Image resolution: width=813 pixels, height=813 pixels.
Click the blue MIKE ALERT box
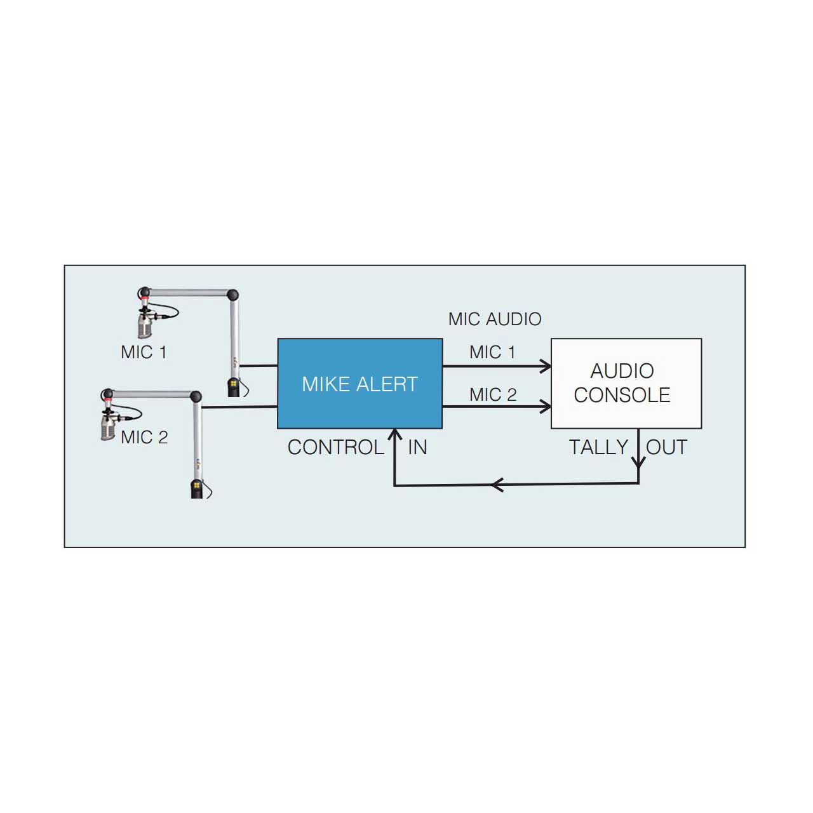tap(359, 383)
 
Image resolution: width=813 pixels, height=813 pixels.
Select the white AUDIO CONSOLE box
tap(626, 383)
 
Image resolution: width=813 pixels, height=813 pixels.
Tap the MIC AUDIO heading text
tap(494, 319)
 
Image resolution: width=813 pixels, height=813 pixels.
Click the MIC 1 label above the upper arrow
tap(492, 352)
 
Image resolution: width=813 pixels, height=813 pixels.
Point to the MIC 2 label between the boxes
tap(493, 394)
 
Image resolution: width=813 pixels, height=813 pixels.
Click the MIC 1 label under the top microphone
tap(144, 352)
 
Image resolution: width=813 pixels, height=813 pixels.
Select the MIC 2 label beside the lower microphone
tap(144, 437)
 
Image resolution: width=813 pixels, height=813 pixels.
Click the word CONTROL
tap(336, 447)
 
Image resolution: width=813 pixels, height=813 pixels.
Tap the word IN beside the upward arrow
tap(417, 447)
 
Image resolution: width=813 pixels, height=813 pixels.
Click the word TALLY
tap(599, 447)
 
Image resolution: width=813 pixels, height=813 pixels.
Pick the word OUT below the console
tap(667, 447)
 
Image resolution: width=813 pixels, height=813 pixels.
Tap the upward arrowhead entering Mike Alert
tap(394, 434)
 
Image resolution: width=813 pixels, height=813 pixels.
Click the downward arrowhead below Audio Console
tap(638, 462)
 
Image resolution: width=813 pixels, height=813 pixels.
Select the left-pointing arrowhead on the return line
tap(497, 485)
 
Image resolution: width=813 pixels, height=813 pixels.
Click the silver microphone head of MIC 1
tap(145, 325)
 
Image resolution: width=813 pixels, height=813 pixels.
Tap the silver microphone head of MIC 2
tap(108, 427)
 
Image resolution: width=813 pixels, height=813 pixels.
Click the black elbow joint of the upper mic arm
tap(232, 295)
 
